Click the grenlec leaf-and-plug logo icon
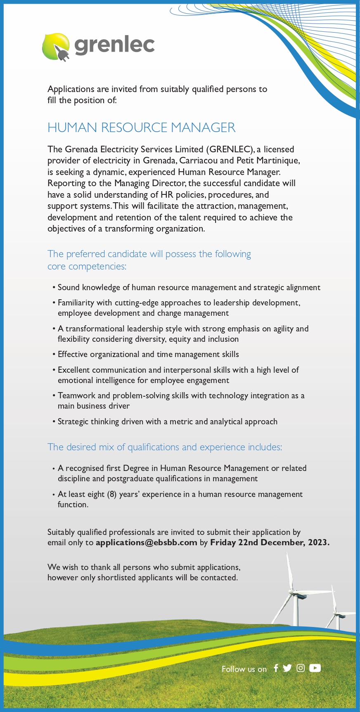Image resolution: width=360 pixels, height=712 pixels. pyautogui.click(x=56, y=47)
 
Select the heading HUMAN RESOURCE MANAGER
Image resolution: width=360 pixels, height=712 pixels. pyautogui.click(x=141, y=128)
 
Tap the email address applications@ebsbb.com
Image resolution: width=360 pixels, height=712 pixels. pyautogui.click(x=146, y=542)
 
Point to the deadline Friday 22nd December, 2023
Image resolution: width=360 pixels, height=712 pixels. pyautogui.click(x=270, y=542)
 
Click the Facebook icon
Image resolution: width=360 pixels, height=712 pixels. pyautogui.click(x=276, y=668)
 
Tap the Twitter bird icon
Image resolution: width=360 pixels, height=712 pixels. pyautogui.click(x=287, y=668)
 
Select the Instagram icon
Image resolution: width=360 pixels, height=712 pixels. pyautogui.click(x=301, y=668)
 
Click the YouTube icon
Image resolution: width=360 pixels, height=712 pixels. pyautogui.click(x=315, y=668)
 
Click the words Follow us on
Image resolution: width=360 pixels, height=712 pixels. pyautogui.click(x=244, y=669)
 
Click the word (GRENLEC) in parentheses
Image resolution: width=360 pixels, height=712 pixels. pyautogui.click(x=230, y=149)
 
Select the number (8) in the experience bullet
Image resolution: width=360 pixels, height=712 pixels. pyautogui.click(x=111, y=494)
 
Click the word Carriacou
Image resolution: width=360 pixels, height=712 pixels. pyautogui.click(x=200, y=161)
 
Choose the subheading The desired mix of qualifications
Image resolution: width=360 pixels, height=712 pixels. pyautogui.click(x=165, y=447)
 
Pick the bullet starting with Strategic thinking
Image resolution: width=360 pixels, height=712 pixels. pyautogui.click(x=167, y=421)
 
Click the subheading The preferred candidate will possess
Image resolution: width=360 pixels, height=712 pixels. pyautogui.click(x=149, y=254)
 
